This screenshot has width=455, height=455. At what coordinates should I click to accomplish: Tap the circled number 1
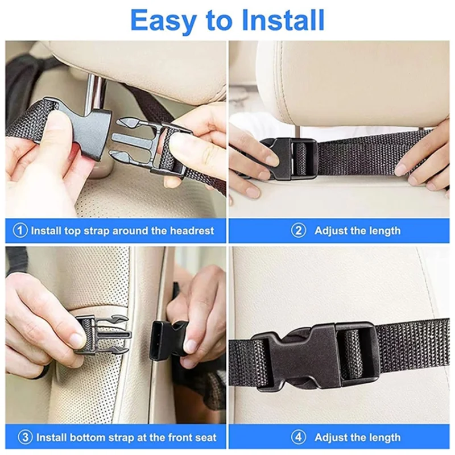(x=20, y=231)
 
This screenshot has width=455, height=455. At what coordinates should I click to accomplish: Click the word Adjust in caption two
(x=332, y=231)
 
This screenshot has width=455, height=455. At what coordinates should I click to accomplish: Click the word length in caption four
(x=384, y=438)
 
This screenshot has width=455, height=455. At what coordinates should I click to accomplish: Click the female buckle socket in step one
(x=88, y=127)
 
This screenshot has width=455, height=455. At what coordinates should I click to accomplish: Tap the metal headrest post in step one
(x=96, y=91)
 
